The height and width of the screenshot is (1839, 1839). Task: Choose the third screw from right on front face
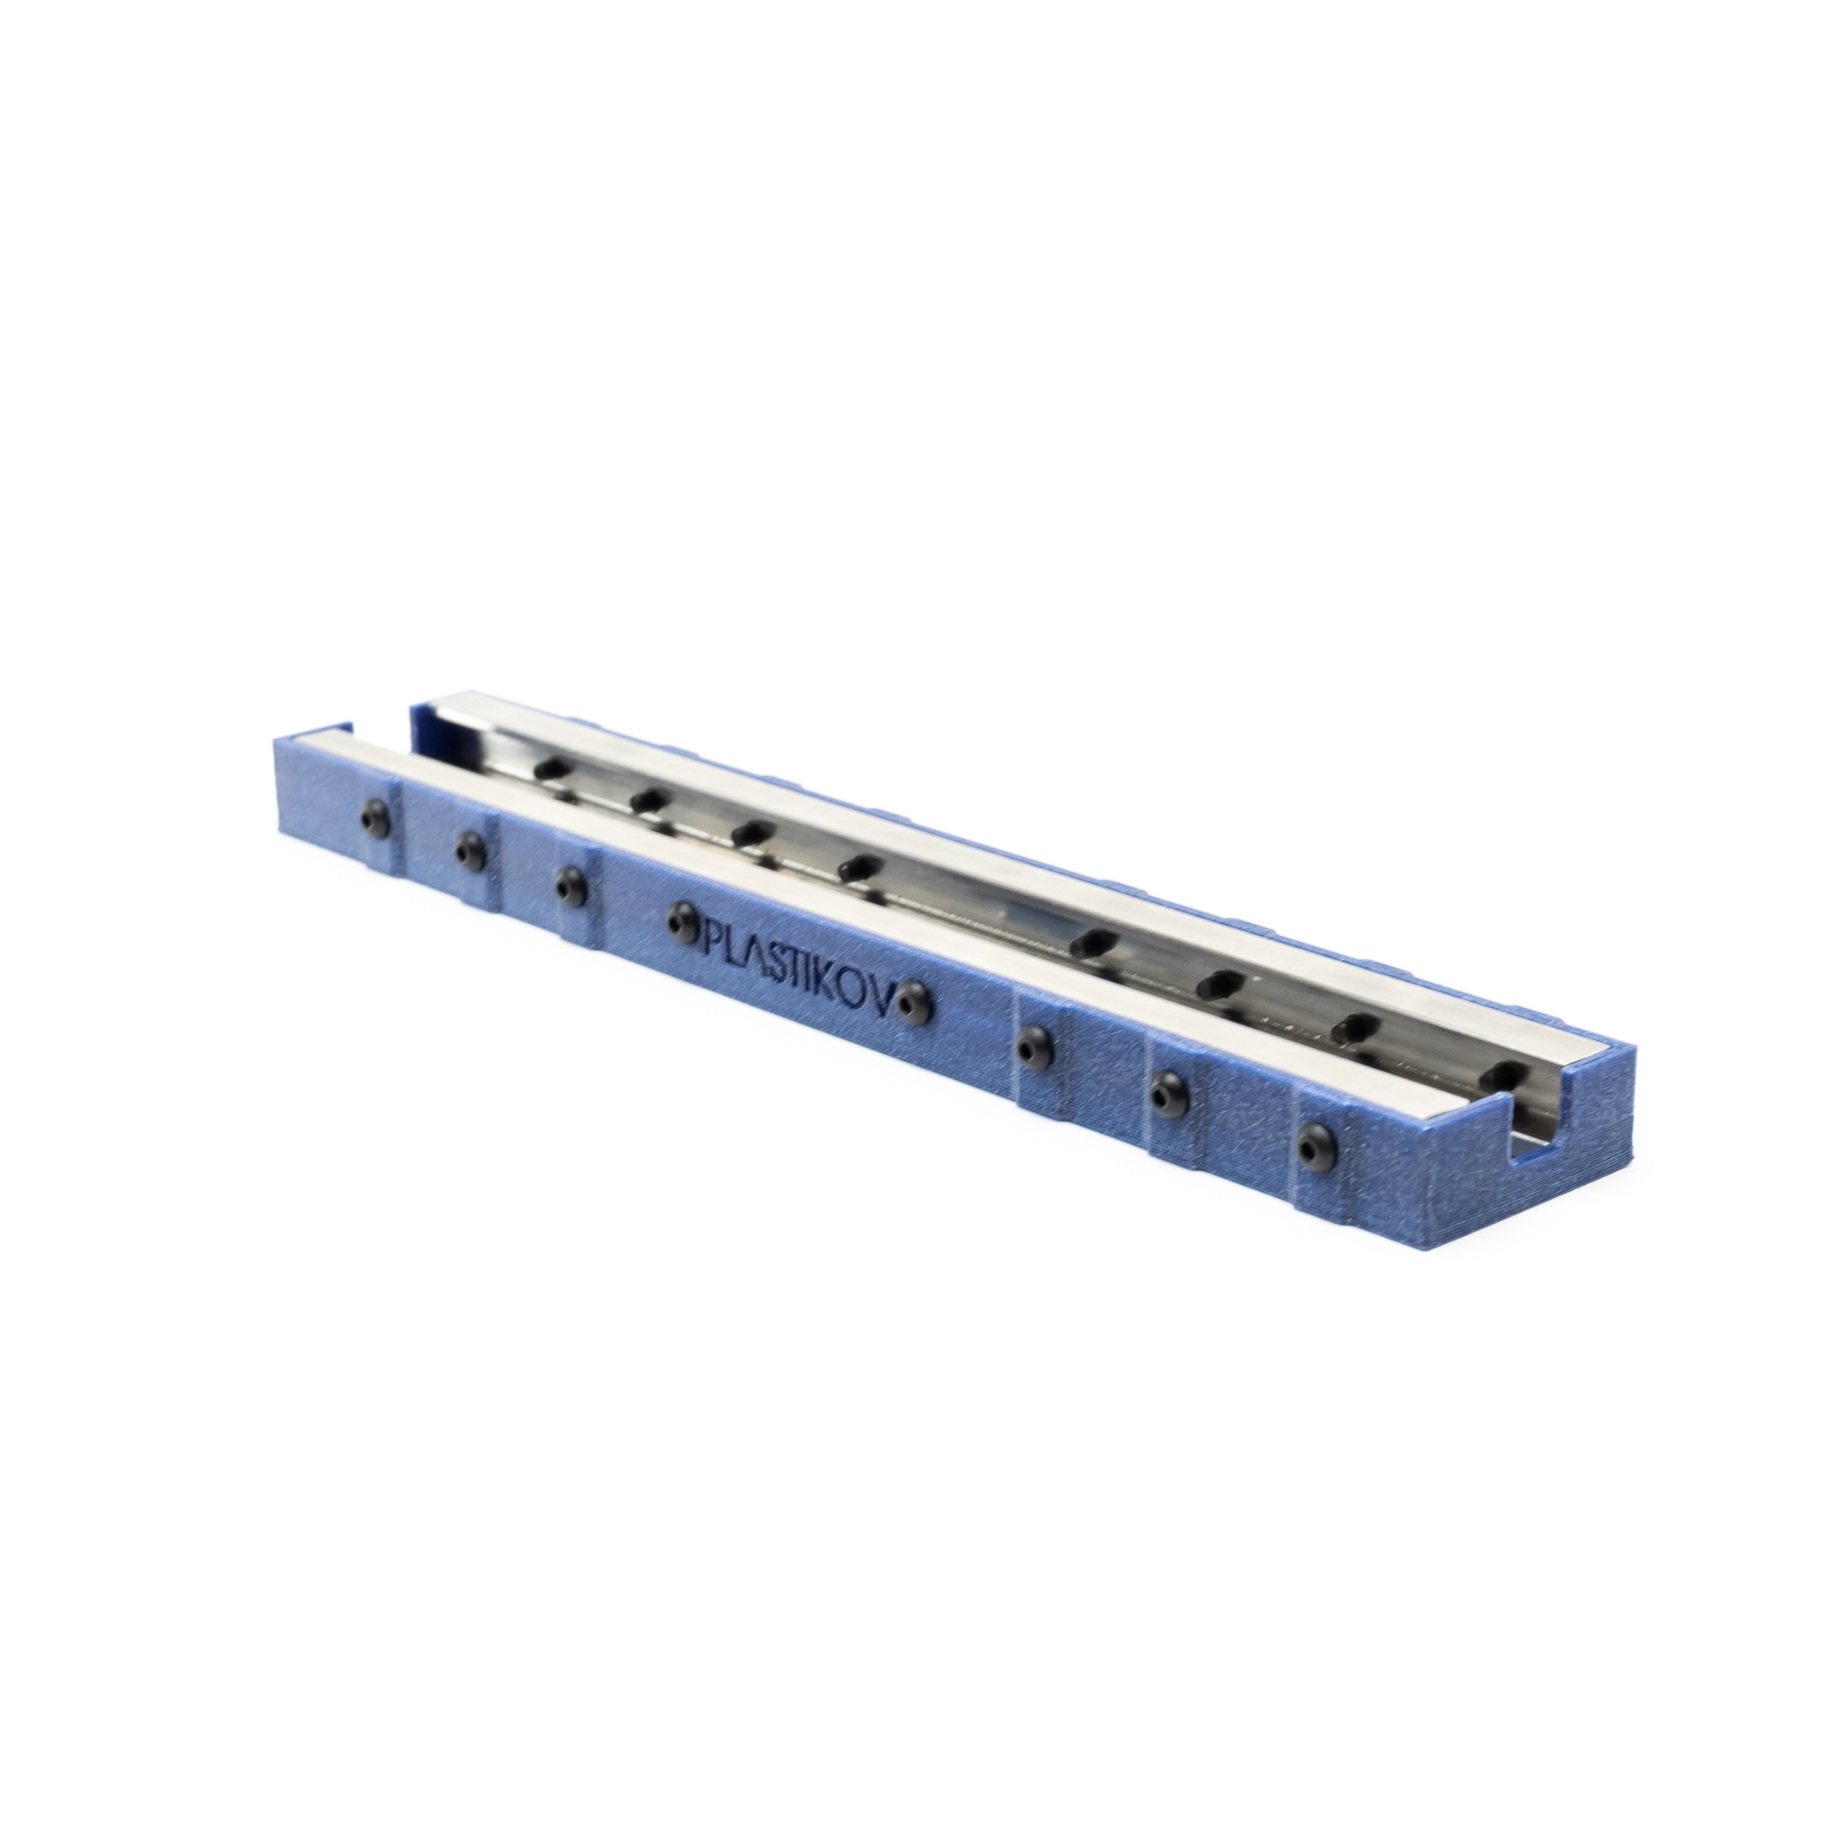tap(1031, 1043)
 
